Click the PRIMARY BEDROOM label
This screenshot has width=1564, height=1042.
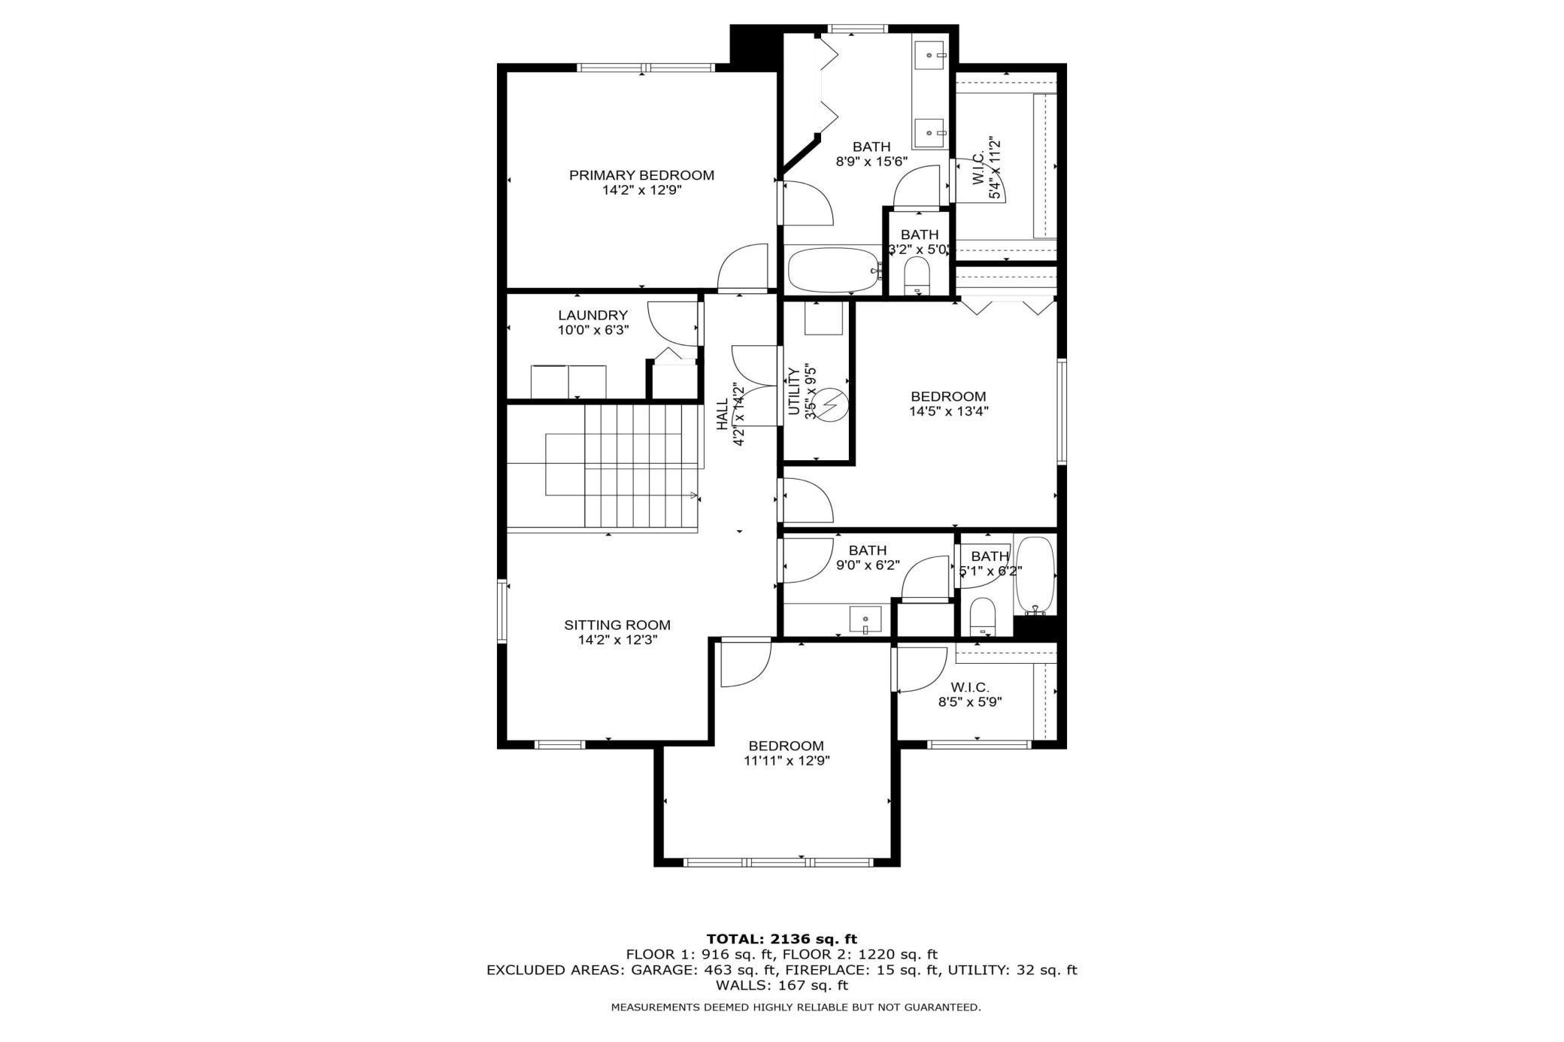click(x=641, y=175)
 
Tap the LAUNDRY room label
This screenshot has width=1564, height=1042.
click(x=593, y=315)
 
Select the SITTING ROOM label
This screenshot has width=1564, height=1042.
click(x=617, y=625)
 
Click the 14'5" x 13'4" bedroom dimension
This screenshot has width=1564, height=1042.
click(x=948, y=411)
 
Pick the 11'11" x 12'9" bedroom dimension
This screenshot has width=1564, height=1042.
click(x=787, y=760)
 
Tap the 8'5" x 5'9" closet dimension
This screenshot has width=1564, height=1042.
click(x=970, y=702)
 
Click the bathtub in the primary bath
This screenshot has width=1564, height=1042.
click(x=833, y=271)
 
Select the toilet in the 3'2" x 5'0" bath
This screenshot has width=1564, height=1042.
click(x=916, y=275)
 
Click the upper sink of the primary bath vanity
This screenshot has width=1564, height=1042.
click(x=930, y=55)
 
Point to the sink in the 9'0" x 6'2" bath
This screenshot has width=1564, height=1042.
click(x=865, y=620)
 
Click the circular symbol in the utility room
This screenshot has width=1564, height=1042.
click(x=832, y=406)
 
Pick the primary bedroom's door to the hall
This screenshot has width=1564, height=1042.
click(x=743, y=268)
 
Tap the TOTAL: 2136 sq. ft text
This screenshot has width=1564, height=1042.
click(x=781, y=939)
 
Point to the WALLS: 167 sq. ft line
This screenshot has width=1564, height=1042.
click(x=781, y=985)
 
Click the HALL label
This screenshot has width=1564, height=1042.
click(x=723, y=415)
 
